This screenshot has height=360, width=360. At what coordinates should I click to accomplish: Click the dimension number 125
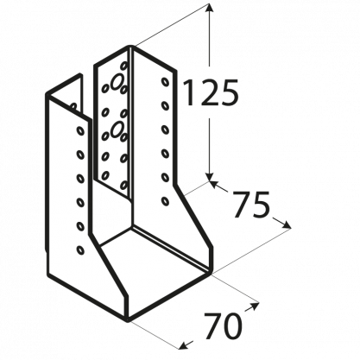click(x=211, y=92)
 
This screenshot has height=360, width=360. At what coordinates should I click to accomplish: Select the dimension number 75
click(x=251, y=205)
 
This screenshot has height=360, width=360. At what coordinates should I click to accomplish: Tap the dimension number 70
click(x=222, y=326)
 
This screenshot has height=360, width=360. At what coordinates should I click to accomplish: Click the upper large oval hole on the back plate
click(x=117, y=81)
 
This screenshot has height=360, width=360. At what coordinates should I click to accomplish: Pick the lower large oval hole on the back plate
click(x=117, y=129)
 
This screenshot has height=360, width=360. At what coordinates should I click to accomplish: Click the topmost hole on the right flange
click(x=165, y=81)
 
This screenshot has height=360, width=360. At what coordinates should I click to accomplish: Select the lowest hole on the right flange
click(x=165, y=201)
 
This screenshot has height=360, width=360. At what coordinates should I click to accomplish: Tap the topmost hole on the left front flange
click(x=80, y=130)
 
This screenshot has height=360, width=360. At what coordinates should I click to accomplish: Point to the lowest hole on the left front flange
click(x=80, y=249)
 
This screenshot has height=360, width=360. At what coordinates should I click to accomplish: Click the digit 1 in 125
click(x=189, y=92)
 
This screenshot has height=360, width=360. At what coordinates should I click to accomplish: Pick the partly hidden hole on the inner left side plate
click(x=73, y=107)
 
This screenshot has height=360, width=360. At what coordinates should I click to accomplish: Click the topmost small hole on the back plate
click(x=124, y=66)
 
